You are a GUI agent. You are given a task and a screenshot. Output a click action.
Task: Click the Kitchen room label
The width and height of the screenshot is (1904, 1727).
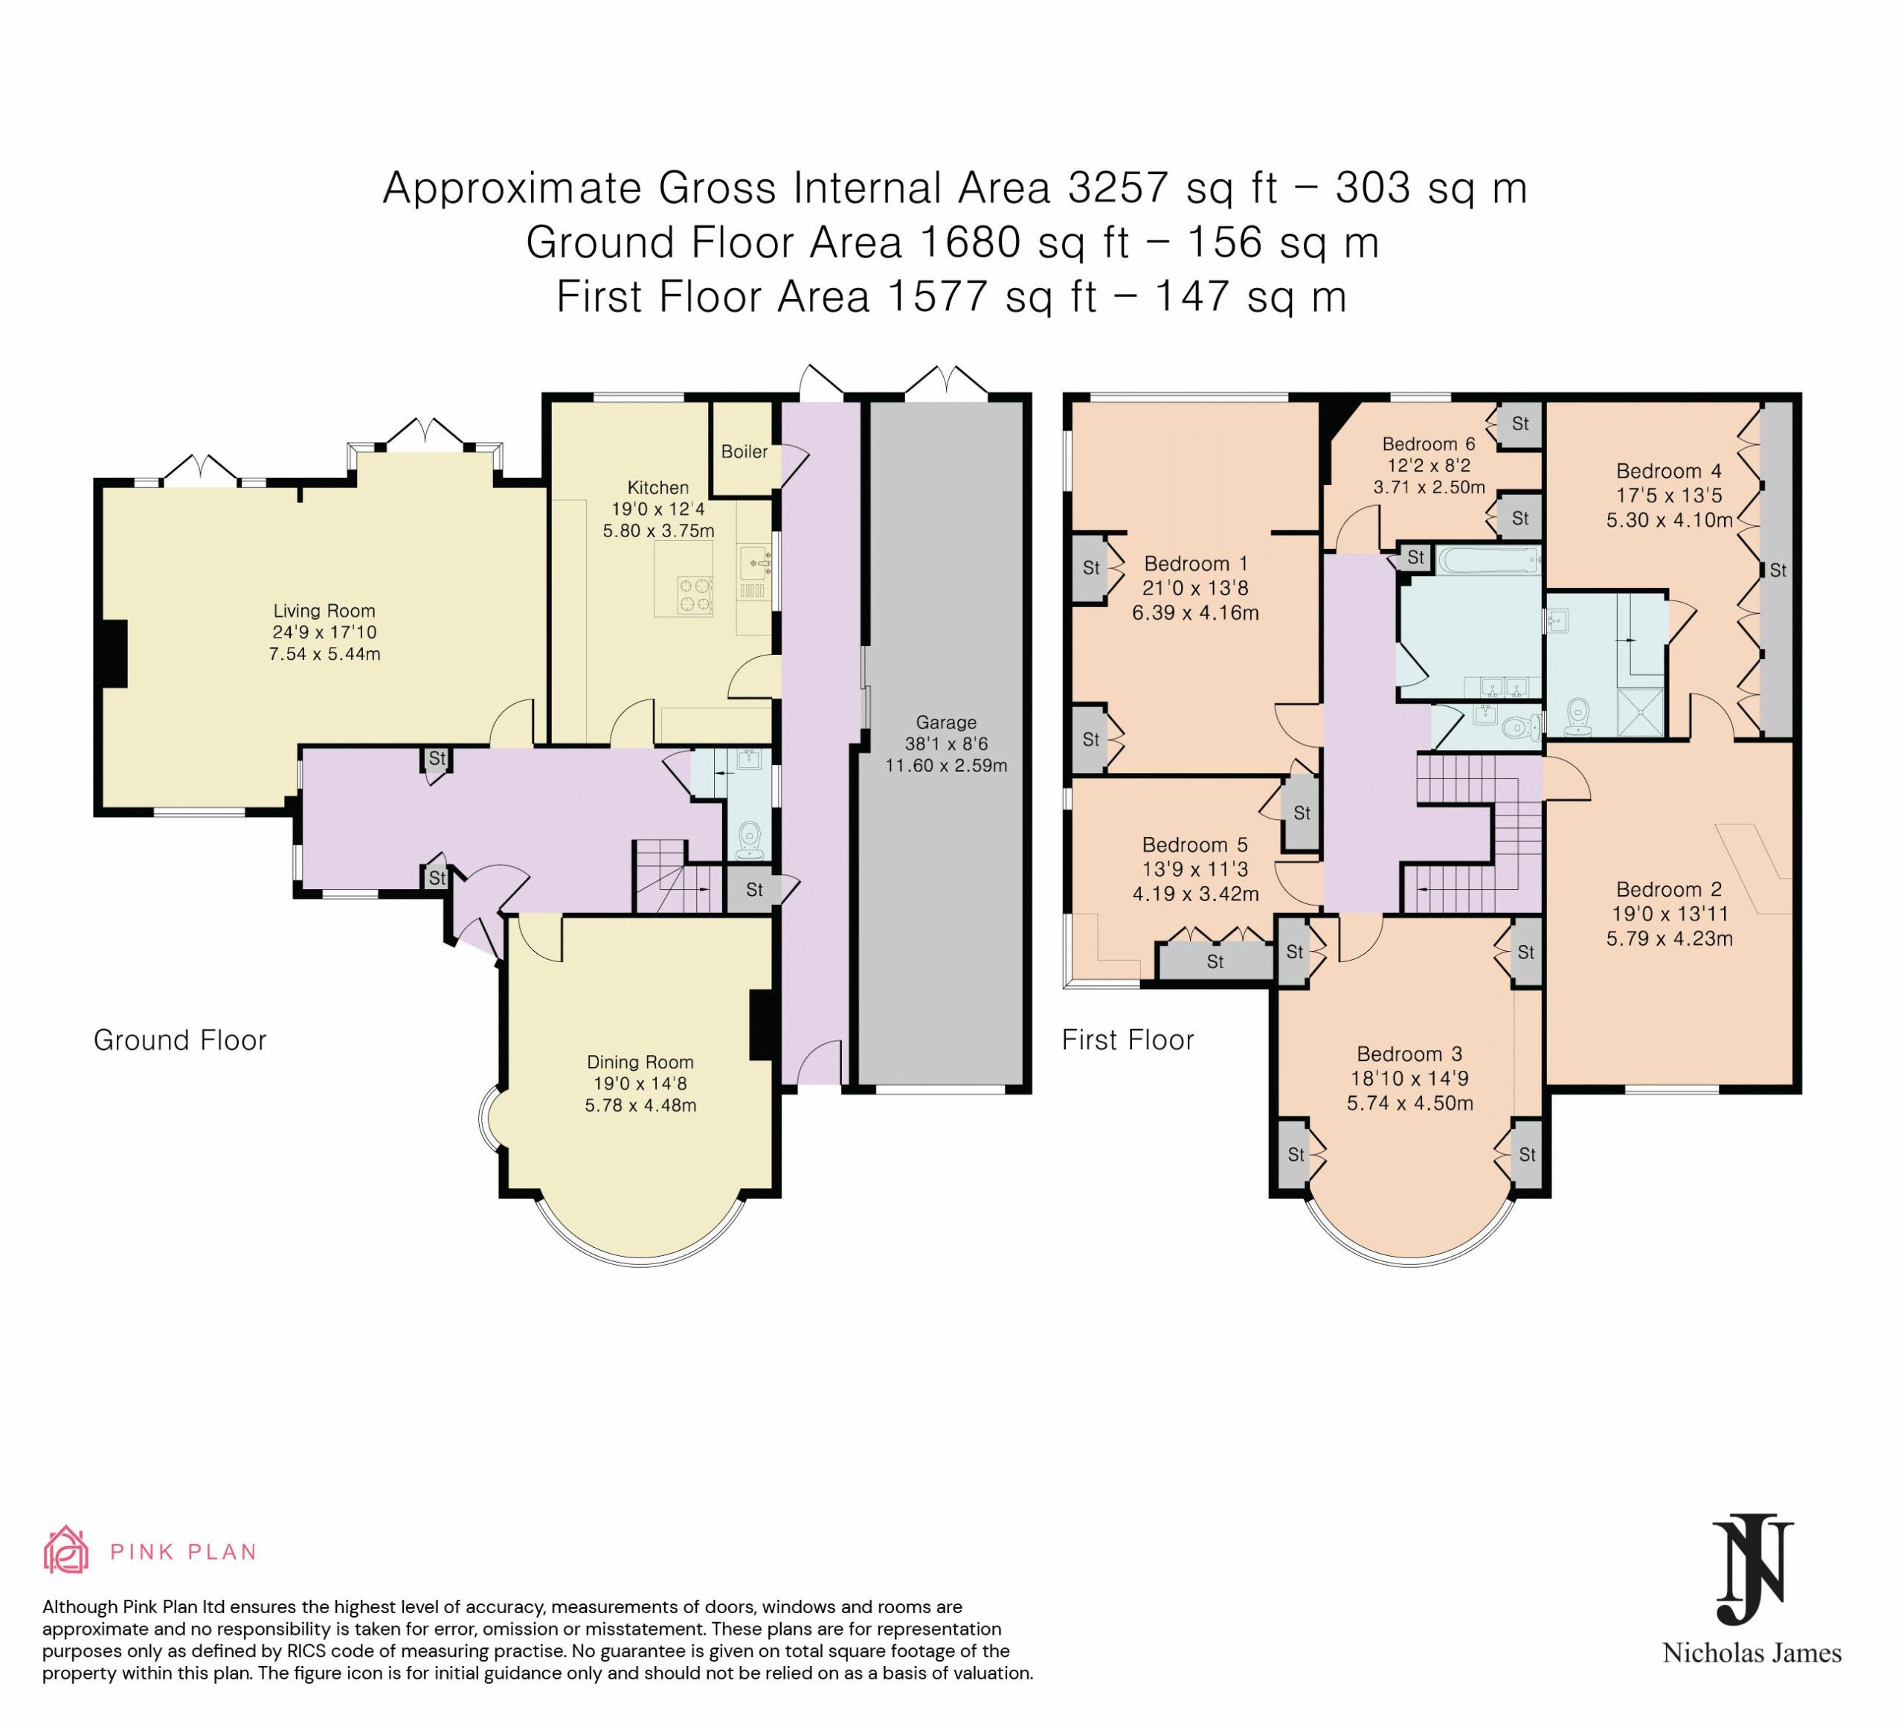click(x=658, y=487)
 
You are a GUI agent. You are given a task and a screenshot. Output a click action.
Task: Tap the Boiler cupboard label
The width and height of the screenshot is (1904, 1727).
click(x=744, y=452)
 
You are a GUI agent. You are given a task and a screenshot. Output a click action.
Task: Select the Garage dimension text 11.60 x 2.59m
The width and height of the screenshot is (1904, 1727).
click(x=946, y=765)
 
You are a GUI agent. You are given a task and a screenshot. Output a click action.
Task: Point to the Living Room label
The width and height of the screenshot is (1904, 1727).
click(x=324, y=611)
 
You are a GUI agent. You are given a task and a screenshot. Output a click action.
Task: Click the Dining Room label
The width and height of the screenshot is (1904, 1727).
click(x=640, y=1063)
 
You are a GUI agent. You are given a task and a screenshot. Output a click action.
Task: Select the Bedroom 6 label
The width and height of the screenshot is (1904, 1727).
click(x=1429, y=444)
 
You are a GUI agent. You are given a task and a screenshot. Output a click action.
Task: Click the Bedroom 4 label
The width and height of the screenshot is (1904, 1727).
click(x=1669, y=470)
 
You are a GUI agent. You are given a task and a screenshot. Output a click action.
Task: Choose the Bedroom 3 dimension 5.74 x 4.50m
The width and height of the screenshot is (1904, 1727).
click(x=1410, y=1103)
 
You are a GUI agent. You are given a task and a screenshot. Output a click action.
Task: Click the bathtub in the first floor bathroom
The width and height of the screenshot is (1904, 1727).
click(x=1490, y=560)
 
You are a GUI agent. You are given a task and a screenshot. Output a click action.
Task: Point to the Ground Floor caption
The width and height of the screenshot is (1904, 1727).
click(x=181, y=1040)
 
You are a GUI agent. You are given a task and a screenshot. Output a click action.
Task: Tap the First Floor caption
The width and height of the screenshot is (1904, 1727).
click(x=1128, y=1040)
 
